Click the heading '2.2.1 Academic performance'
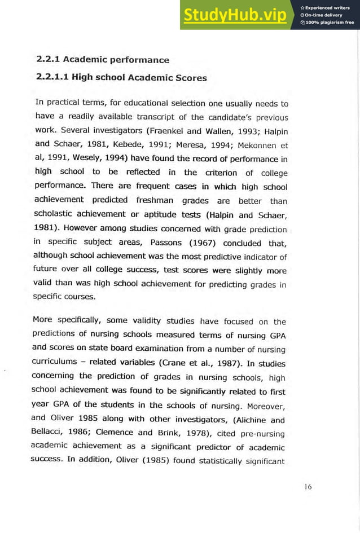(x=102, y=59)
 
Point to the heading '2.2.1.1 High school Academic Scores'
(x=121, y=78)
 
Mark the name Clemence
(x=115, y=433)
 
